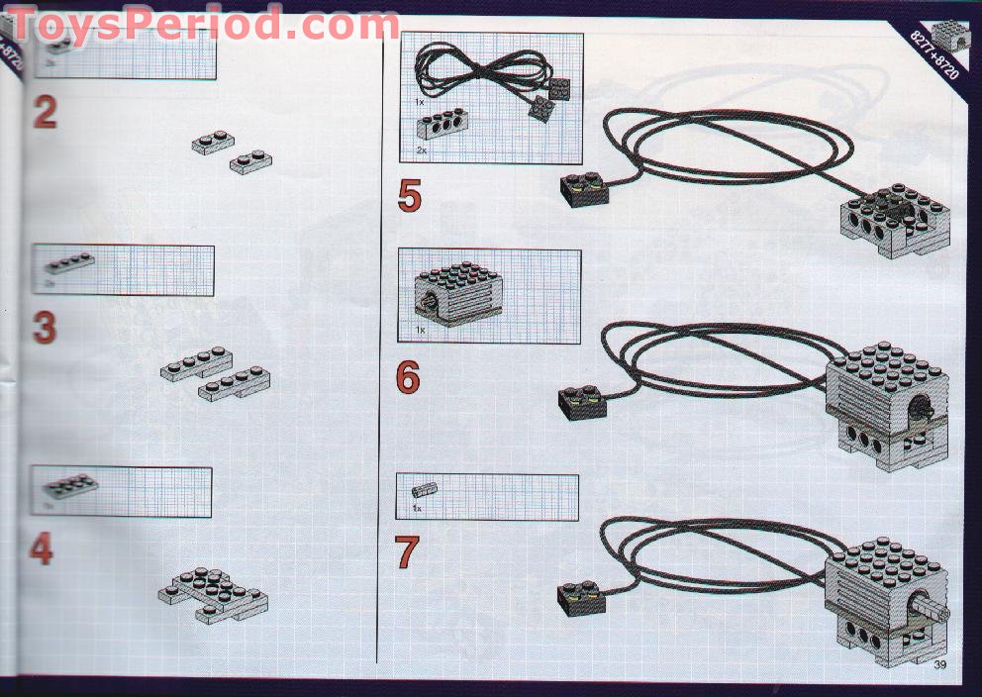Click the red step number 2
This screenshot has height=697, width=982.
pyautogui.click(x=45, y=112)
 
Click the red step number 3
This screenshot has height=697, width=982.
pyautogui.click(x=45, y=328)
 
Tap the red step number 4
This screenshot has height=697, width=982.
pyautogui.click(x=41, y=548)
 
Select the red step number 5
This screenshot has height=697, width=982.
pyautogui.click(x=409, y=196)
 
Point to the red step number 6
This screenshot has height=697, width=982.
pyautogui.click(x=408, y=377)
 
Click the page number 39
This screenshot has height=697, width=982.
pyautogui.click(x=939, y=664)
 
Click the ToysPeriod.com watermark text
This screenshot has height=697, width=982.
pyautogui.click(x=203, y=24)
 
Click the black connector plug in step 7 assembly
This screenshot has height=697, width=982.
pyautogui.click(x=583, y=594)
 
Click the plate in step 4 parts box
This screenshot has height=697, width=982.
pyautogui.click(x=69, y=484)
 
